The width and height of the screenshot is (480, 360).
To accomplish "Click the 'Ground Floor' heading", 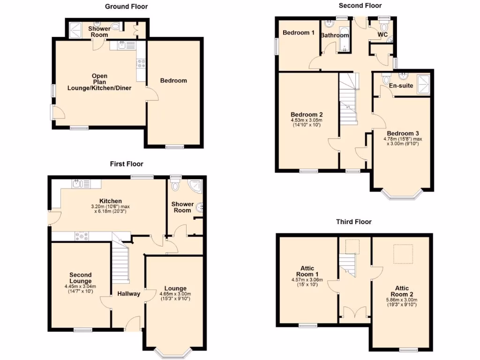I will pyautogui.click(x=126, y=7).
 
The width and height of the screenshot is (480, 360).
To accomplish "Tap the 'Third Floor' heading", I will pyautogui.click(x=353, y=222).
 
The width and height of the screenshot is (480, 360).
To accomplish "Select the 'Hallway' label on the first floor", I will pyautogui.click(x=128, y=294).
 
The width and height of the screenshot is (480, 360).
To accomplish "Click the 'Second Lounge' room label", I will pyautogui.click(x=81, y=278).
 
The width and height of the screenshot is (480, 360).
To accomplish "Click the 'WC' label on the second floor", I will pyautogui.click(x=382, y=35).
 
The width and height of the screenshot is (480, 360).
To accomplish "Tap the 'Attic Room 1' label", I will pyautogui.click(x=307, y=271).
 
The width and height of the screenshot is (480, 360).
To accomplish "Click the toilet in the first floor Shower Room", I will pyautogui.click(x=176, y=186).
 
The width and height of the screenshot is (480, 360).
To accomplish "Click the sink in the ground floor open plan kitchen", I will pyautogui.click(x=123, y=45).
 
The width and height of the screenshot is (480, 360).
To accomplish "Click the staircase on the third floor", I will pyautogui.click(x=348, y=264).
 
